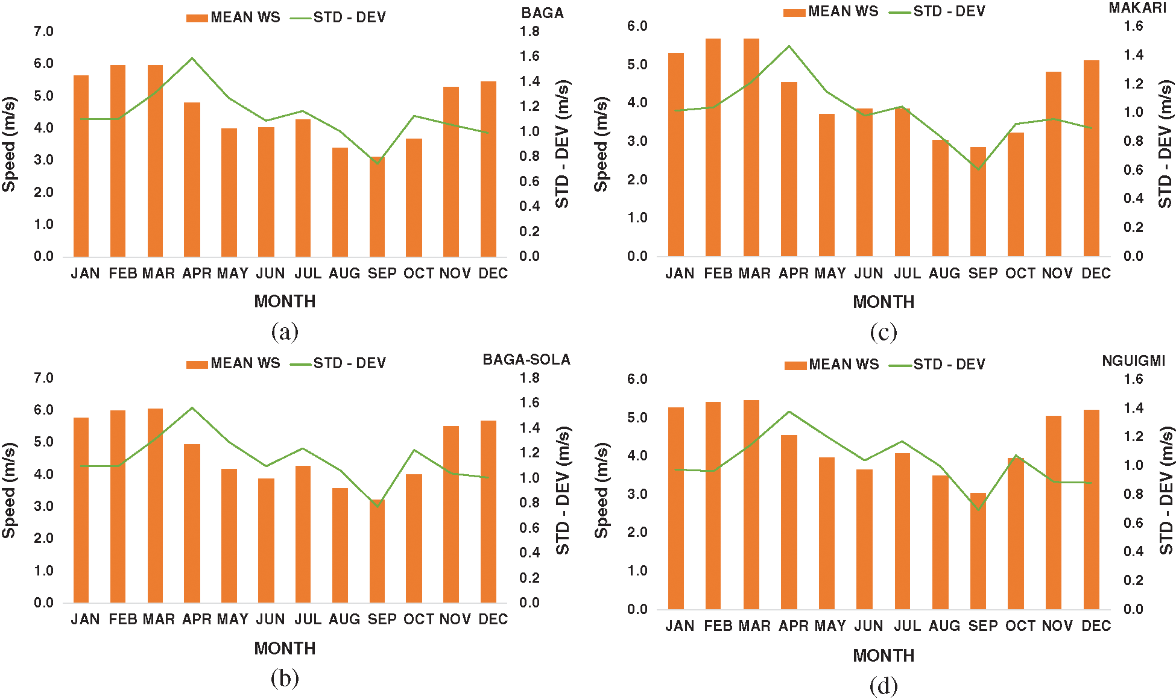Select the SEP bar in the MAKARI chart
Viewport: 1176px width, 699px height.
pos(978,202)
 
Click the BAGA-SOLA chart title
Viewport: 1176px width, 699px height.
pos(526,360)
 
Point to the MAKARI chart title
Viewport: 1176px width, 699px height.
pos(1137,8)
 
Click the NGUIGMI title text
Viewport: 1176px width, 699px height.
pos(1133,361)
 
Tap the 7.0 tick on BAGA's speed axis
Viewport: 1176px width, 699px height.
pos(43,31)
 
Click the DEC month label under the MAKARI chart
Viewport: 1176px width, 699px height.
pos(1096,274)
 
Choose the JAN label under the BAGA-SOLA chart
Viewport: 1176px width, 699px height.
pos(85,619)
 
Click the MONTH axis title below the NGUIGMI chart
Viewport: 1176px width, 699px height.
pos(883,656)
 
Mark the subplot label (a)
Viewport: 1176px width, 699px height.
pos(285,332)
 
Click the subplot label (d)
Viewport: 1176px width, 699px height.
pos(883,686)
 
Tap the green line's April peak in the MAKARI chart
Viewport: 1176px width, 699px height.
pos(789,46)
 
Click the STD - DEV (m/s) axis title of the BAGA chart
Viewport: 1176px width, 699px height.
pos(562,145)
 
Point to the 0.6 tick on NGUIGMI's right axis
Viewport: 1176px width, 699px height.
pos(1133,523)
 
